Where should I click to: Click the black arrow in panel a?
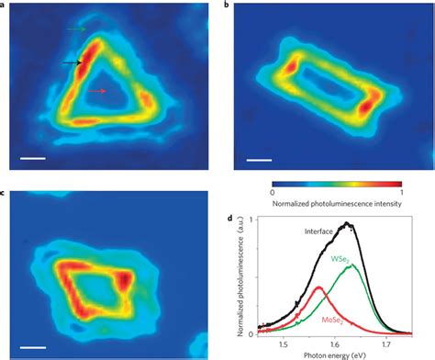point(72,62)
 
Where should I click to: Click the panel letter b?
point(227,5)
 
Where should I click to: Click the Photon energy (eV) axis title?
point(332,354)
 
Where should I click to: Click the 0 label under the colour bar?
point(273,194)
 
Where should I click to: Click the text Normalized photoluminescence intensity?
point(337,204)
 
